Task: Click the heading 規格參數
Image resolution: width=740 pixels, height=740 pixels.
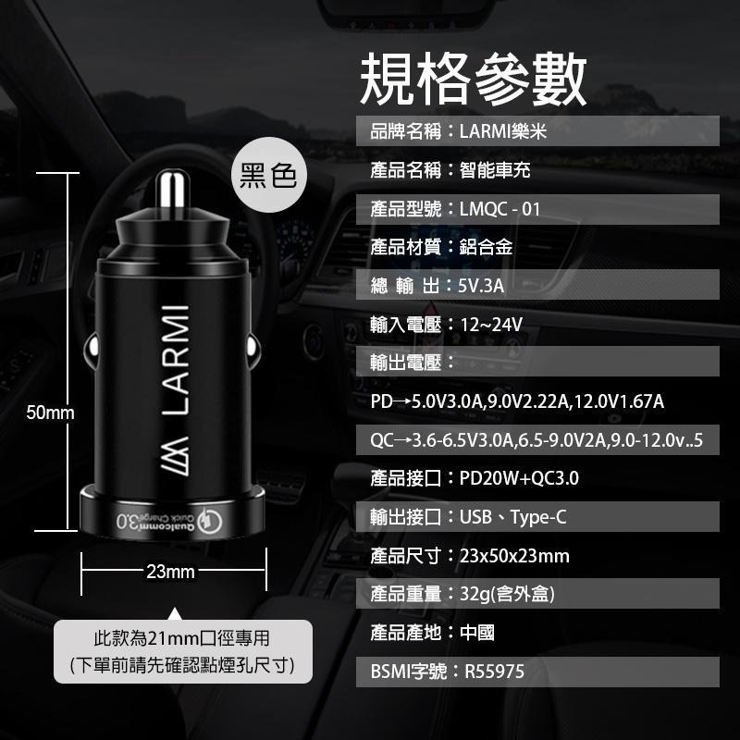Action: (473, 79)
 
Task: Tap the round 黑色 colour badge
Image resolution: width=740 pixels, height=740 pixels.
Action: (268, 175)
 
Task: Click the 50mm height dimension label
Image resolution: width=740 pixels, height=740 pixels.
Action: (50, 413)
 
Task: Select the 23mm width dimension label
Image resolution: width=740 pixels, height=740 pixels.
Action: (170, 572)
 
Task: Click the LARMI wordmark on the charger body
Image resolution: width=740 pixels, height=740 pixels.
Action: (176, 360)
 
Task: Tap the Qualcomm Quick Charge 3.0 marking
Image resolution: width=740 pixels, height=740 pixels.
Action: (169, 520)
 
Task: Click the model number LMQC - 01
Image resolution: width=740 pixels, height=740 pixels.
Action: (499, 209)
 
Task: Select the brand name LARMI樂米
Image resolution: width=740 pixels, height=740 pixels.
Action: (503, 131)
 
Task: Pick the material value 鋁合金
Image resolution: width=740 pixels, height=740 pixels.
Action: (487, 247)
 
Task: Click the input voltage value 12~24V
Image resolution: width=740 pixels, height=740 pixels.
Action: (491, 325)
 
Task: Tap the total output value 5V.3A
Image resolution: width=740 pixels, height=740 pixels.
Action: (481, 286)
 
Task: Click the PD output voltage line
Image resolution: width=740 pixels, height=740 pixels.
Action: (517, 401)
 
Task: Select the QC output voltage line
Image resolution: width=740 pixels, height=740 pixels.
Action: (536, 440)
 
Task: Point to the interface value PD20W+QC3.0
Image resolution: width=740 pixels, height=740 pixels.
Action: (519, 478)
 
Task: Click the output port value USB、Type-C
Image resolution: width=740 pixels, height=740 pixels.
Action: (513, 518)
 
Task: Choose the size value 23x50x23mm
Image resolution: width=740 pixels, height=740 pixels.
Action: (514, 556)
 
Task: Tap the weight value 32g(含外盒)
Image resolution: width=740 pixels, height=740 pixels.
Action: (507, 595)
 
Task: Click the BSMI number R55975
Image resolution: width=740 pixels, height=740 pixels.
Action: (495, 672)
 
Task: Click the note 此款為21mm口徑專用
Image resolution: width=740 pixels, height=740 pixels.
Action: (181, 638)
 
